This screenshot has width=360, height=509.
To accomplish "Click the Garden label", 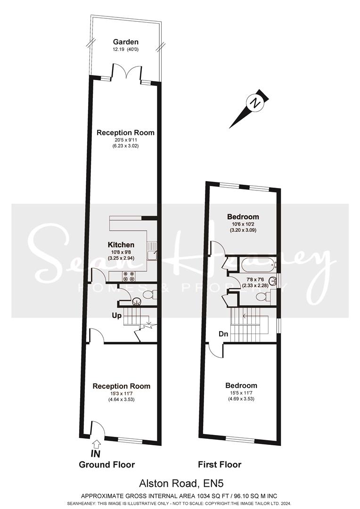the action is [x=126, y=42].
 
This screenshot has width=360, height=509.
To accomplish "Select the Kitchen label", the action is [x=121, y=245].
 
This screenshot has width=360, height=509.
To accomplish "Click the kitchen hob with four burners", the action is [x=128, y=276].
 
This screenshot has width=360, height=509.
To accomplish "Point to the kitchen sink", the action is [x=152, y=251].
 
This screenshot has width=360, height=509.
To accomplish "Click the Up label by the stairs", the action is [x=117, y=315].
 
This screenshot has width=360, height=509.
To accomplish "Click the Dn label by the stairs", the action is [x=223, y=334].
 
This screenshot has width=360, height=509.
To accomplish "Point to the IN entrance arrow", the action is [x=97, y=444].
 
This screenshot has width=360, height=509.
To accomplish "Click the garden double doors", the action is [x=127, y=72].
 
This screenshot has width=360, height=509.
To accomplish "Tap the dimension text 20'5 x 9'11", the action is [x=125, y=140].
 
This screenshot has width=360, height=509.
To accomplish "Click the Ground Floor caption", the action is [x=107, y=465].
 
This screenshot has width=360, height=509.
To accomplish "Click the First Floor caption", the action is [x=220, y=465].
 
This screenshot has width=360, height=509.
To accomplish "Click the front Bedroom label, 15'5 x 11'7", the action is [x=241, y=386].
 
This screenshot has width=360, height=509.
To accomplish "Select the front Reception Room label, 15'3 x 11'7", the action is [x=122, y=386].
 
